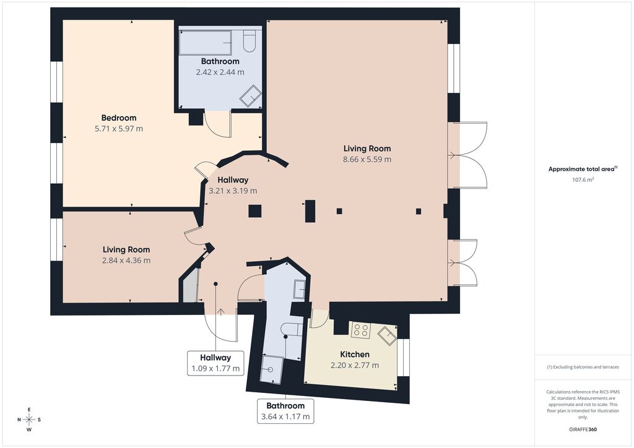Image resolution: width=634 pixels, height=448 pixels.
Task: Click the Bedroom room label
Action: (119, 118)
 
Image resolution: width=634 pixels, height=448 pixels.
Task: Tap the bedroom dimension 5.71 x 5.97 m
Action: (119, 129)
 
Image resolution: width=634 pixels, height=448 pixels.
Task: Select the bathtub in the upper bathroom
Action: (206, 43)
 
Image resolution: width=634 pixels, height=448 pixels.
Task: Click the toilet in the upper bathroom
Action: (249, 42)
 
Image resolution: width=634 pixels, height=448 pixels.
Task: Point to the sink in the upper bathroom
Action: (250, 96)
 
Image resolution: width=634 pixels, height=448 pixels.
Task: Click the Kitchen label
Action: (355, 355)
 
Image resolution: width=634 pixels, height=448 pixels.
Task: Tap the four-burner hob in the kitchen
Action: (360, 330)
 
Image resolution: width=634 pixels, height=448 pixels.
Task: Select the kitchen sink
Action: (388, 336)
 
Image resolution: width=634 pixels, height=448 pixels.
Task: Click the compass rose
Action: (29, 420)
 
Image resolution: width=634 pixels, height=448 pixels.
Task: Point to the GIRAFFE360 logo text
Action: (583, 429)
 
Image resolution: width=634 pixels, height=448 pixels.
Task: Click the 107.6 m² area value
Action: (583, 180)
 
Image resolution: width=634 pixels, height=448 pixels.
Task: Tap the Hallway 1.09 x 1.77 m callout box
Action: (215, 363)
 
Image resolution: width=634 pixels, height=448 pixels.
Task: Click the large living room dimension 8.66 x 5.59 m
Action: (367, 159)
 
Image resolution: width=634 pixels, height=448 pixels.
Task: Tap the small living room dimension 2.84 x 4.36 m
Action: (126, 261)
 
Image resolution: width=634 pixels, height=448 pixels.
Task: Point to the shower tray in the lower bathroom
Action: (271, 369)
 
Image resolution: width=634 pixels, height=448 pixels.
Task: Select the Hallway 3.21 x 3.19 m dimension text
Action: (233, 191)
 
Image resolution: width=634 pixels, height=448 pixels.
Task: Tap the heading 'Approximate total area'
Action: (581, 170)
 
